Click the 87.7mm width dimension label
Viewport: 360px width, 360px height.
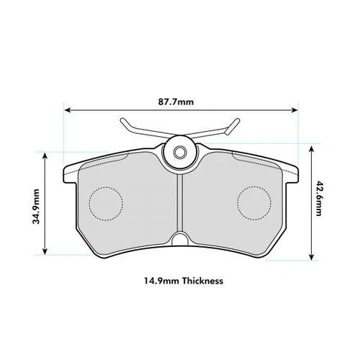click(176, 102)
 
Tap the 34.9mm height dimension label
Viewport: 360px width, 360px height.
click(36, 207)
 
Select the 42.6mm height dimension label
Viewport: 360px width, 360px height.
click(319, 199)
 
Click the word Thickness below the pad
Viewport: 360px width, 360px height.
click(202, 281)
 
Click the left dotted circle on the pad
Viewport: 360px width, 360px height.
click(106, 204)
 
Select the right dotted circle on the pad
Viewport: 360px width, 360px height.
click(254, 203)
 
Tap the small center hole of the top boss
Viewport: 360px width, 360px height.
click(180, 152)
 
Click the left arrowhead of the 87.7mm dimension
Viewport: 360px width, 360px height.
click(68, 110)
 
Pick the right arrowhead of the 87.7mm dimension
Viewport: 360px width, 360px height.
click(294, 110)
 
